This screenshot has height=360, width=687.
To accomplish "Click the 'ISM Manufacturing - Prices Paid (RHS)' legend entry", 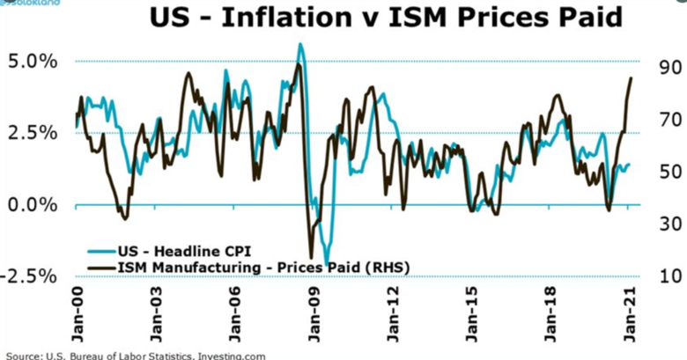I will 242,265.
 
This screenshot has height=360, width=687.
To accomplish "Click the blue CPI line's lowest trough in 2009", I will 327,261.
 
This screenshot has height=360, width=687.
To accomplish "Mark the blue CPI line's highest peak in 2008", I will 300,44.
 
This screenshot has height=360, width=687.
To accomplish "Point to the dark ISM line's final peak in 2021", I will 631,78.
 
